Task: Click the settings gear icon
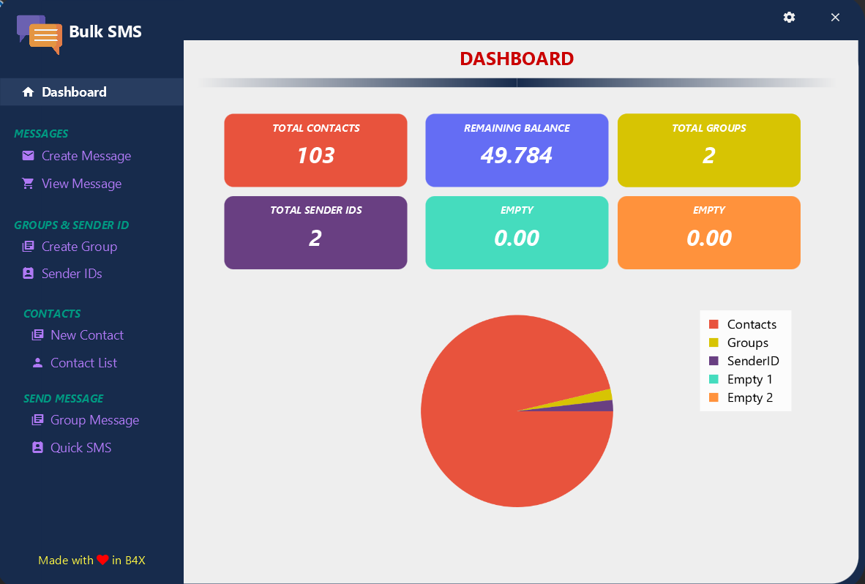coord(789,18)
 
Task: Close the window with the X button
coord(835,18)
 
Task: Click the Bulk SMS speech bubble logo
coord(40,34)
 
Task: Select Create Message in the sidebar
coord(86,156)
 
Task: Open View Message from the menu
coord(81,184)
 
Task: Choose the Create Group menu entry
coord(79,247)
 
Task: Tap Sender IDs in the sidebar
coord(72,274)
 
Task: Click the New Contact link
coord(87,335)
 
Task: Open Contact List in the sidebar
coord(83,363)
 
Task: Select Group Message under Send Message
coord(94,420)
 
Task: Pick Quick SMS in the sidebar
coord(80,448)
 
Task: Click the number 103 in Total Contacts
coord(315,155)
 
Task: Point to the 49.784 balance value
coord(517,155)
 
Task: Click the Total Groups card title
coord(709,128)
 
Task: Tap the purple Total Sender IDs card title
coord(315,210)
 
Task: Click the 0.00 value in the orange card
coord(709,238)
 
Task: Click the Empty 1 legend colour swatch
coord(714,379)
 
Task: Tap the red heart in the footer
coord(102,561)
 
